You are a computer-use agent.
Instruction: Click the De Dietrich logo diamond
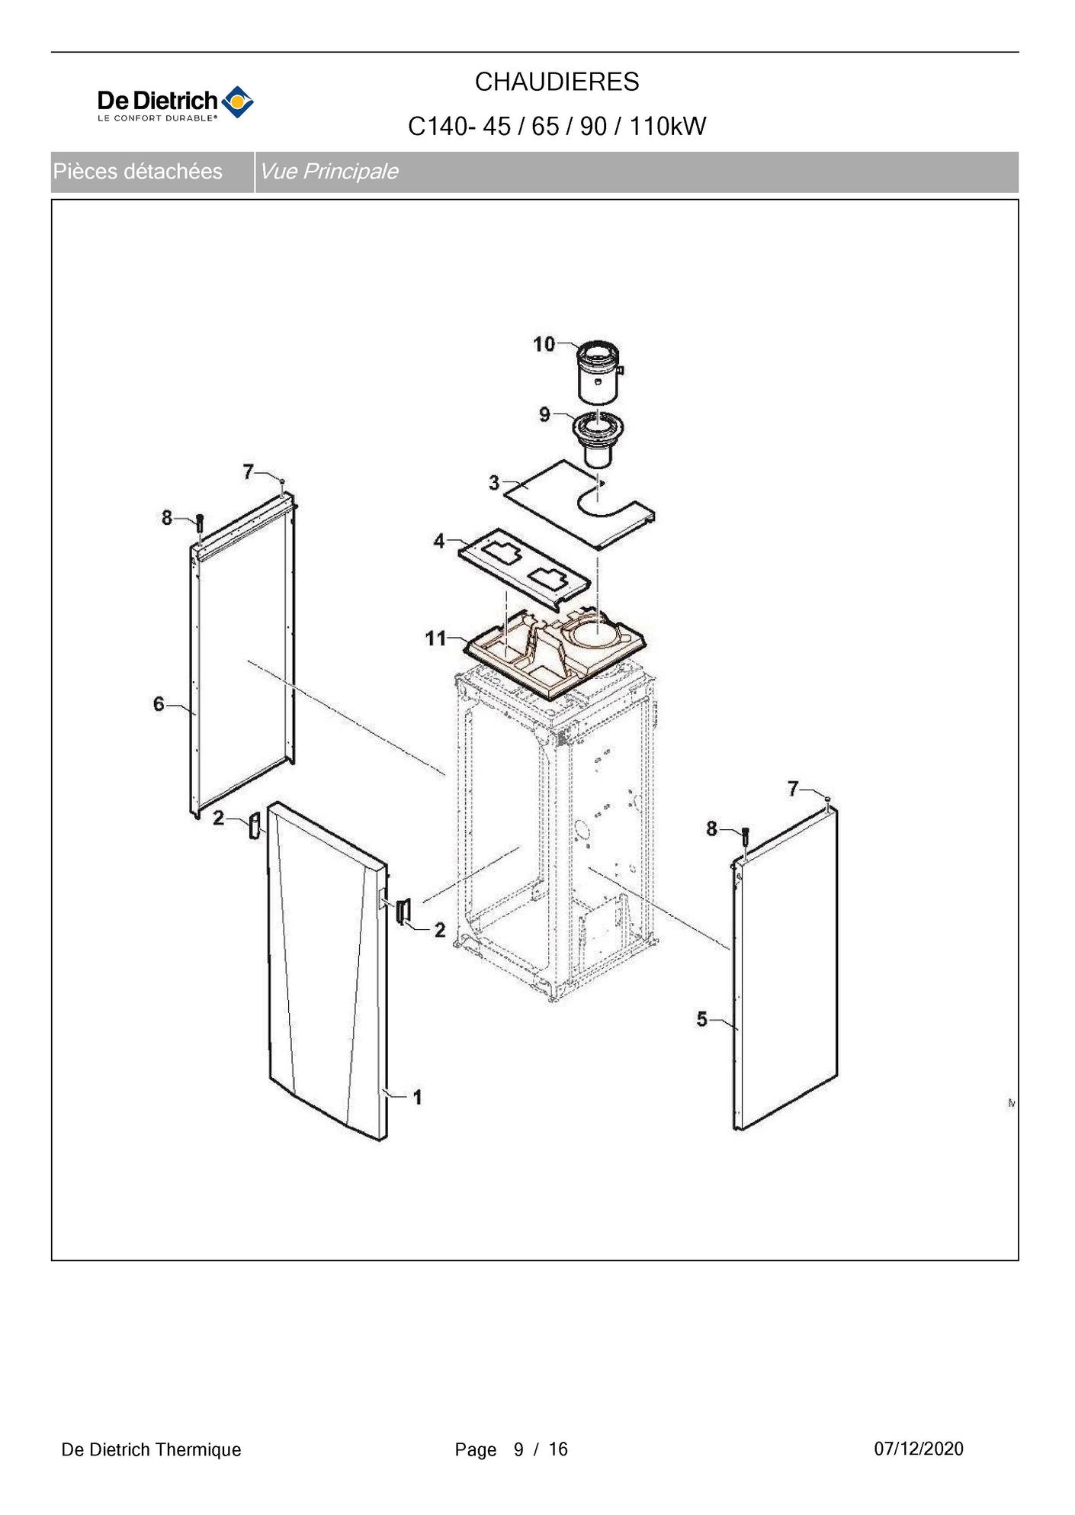tap(237, 102)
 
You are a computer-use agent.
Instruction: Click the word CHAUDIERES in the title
tap(557, 82)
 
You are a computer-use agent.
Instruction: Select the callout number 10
tap(544, 344)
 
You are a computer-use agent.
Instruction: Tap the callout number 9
tap(544, 414)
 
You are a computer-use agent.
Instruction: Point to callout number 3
tap(494, 482)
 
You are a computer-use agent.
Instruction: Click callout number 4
tap(438, 541)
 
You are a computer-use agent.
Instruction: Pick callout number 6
tap(159, 703)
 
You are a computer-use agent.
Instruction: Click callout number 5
tap(702, 1019)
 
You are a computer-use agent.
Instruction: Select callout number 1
tap(417, 1097)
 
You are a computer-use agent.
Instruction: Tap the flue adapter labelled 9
tap(598, 439)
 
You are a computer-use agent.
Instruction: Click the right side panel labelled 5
tap(785, 969)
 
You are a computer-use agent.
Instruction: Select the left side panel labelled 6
tap(242, 656)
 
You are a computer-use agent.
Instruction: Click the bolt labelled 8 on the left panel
tap(200, 523)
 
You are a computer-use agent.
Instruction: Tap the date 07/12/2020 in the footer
tap(918, 1449)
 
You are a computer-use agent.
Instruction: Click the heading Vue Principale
tap(329, 172)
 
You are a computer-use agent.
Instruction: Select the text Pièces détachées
tap(138, 172)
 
